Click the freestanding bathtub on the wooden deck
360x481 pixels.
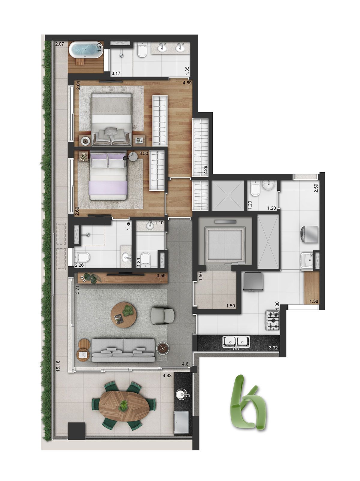click(85, 49)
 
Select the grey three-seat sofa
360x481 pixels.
click(123, 350)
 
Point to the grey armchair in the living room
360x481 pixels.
click(162, 315)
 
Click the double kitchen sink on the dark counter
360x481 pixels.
click(236, 342)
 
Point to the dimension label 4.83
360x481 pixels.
click(167, 376)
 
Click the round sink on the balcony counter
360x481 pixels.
click(182, 394)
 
